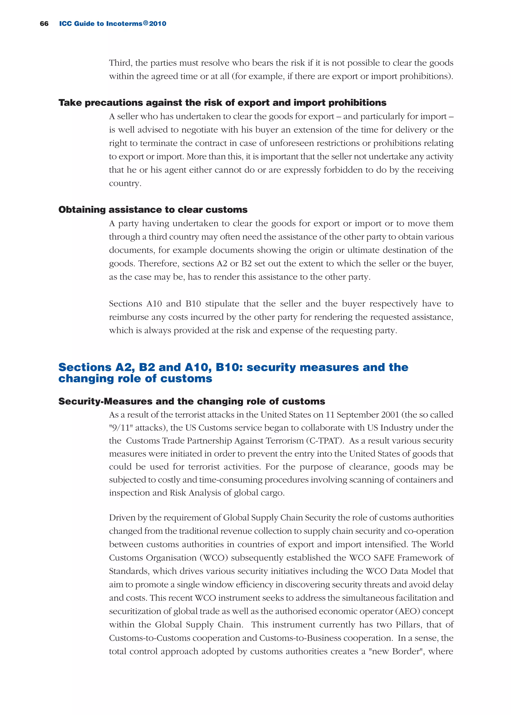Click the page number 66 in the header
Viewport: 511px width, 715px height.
[44, 24]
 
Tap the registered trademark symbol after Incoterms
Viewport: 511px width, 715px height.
[145, 23]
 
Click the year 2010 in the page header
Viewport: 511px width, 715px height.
[158, 24]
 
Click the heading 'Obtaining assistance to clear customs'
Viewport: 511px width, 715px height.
[153, 210]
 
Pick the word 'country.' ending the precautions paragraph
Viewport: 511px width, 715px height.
[125, 183]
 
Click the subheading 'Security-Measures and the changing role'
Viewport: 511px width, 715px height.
[192, 402]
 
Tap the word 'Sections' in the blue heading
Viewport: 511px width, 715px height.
[85, 367]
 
